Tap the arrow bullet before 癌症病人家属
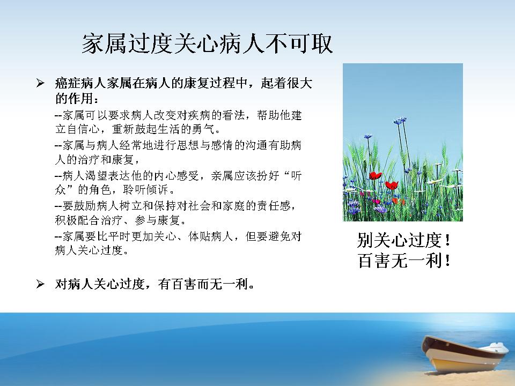40,84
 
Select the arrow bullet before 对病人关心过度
40,284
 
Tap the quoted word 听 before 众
296,176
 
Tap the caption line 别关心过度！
403,240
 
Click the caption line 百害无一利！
403,261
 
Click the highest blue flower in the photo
400,120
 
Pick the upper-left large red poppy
375,176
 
